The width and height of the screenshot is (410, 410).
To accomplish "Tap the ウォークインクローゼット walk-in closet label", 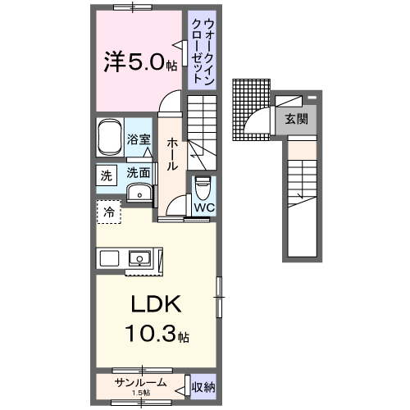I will [199, 48].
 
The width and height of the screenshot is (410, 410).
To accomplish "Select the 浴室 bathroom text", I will [139, 140].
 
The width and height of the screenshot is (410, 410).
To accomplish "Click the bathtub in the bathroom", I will [109, 137].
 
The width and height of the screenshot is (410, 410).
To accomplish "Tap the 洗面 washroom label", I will [138, 174].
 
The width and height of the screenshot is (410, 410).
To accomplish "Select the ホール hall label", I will [173, 154].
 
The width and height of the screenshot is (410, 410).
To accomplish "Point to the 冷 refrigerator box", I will [108, 212].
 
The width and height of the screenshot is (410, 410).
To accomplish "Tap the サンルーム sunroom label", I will [141, 382].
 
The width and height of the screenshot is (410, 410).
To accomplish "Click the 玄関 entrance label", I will [297, 118].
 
